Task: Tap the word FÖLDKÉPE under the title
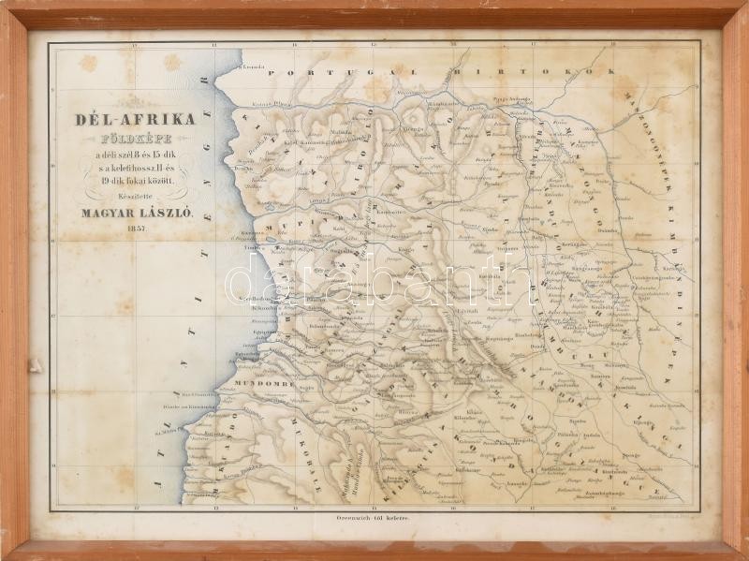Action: point(138,139)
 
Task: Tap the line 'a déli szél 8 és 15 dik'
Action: point(138,153)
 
